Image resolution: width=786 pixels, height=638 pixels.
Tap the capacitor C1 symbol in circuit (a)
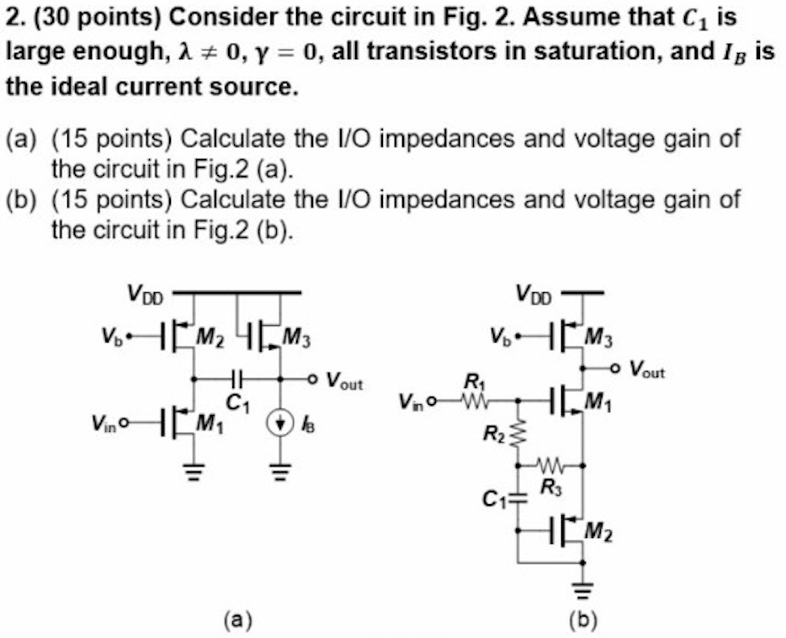[x=237, y=379]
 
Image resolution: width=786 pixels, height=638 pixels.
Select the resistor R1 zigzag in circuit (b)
[x=469, y=401]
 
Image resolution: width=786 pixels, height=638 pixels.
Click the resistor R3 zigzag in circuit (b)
[x=553, y=464]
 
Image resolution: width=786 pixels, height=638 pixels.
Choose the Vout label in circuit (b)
[x=646, y=369]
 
